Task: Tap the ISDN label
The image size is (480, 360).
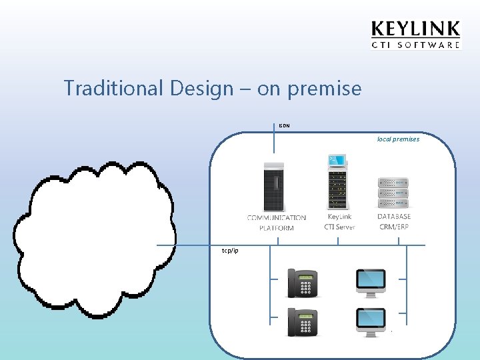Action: [x=284, y=125]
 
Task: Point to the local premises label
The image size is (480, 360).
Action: [x=398, y=139]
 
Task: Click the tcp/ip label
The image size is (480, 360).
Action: [x=230, y=251]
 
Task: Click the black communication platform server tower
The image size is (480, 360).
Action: [x=275, y=187]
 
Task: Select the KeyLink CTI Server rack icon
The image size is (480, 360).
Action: [x=339, y=183]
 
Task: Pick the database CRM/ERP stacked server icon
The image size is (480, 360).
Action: [x=393, y=193]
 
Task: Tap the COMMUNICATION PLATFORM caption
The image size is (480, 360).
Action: [x=276, y=223]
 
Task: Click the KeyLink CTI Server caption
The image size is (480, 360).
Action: [x=339, y=222]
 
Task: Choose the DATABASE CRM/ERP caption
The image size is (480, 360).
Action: [x=393, y=221]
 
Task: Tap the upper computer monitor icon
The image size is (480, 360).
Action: [x=371, y=282]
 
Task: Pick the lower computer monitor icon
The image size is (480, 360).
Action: [x=371, y=321]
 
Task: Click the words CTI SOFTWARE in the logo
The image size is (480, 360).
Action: [x=415, y=45]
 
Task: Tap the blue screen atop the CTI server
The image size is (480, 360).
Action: [x=337, y=160]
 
